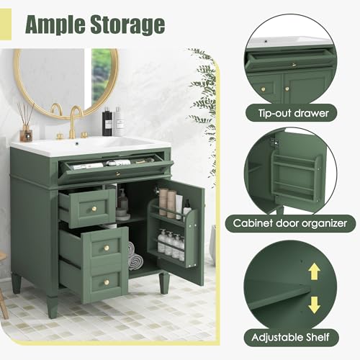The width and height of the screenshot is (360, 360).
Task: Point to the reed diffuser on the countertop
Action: (x=26, y=126)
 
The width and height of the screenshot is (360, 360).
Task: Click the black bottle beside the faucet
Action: (x=107, y=122)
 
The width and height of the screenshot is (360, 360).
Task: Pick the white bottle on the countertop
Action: (x=118, y=123)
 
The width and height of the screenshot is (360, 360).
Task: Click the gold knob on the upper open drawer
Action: (x=92, y=208)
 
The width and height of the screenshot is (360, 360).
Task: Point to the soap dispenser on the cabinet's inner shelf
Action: (x=123, y=202)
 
